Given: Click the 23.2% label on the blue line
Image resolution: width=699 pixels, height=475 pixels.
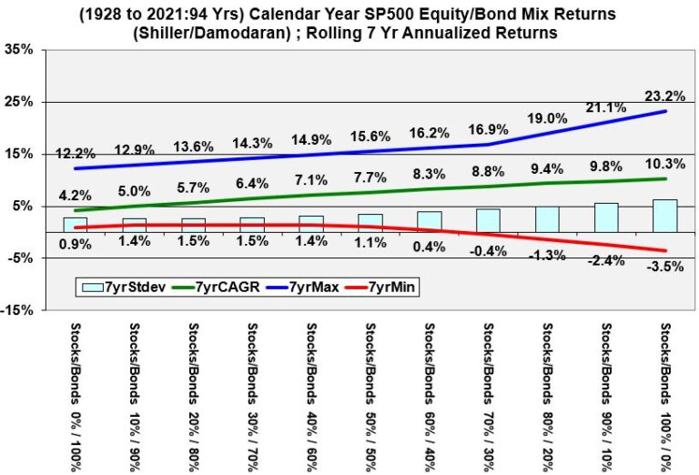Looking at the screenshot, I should pyautogui.click(x=666, y=94).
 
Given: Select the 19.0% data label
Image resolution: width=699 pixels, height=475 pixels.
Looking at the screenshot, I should pyautogui.click(x=548, y=118).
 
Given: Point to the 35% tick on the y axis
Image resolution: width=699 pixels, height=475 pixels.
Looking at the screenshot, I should pyautogui.click(x=21, y=50).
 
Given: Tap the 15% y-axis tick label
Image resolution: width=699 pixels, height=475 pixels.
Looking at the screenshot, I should pyautogui.click(x=21, y=155).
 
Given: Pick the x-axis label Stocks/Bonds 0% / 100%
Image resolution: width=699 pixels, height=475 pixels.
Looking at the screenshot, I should pyautogui.click(x=74, y=397).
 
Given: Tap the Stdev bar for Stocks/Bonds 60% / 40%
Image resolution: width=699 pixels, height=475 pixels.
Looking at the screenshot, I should pyautogui.click(x=430, y=222).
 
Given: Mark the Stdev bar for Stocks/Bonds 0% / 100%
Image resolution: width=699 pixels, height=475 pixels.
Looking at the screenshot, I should pyautogui.click(x=74, y=225).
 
